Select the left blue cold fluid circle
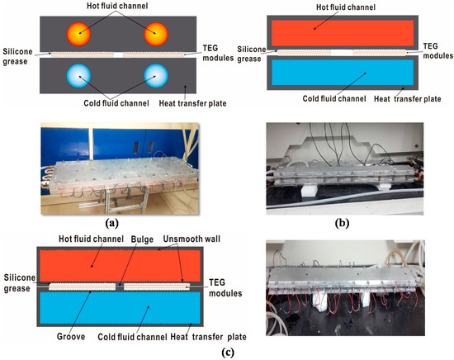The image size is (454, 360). coord(80,76)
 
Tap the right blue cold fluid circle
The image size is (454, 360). coord(155,76)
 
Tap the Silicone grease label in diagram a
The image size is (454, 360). coord(20,54)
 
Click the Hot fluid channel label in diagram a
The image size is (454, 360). coord(116,7)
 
